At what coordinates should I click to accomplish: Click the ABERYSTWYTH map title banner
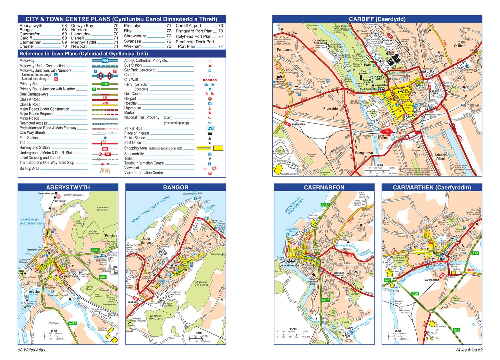tap(68, 187)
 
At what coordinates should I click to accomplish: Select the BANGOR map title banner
tap(176, 187)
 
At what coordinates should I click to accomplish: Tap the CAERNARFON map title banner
tap(324, 187)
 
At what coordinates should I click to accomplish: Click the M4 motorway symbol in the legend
tap(105, 61)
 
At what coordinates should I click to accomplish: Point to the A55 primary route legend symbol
tap(105, 84)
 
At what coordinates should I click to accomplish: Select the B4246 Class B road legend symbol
tap(105, 104)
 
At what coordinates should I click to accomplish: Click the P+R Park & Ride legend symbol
tap(210, 129)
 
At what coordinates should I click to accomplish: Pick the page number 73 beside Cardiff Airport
tap(220, 26)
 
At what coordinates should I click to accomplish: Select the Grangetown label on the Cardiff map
tap(364, 153)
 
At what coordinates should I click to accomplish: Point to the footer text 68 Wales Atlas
tap(32, 350)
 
